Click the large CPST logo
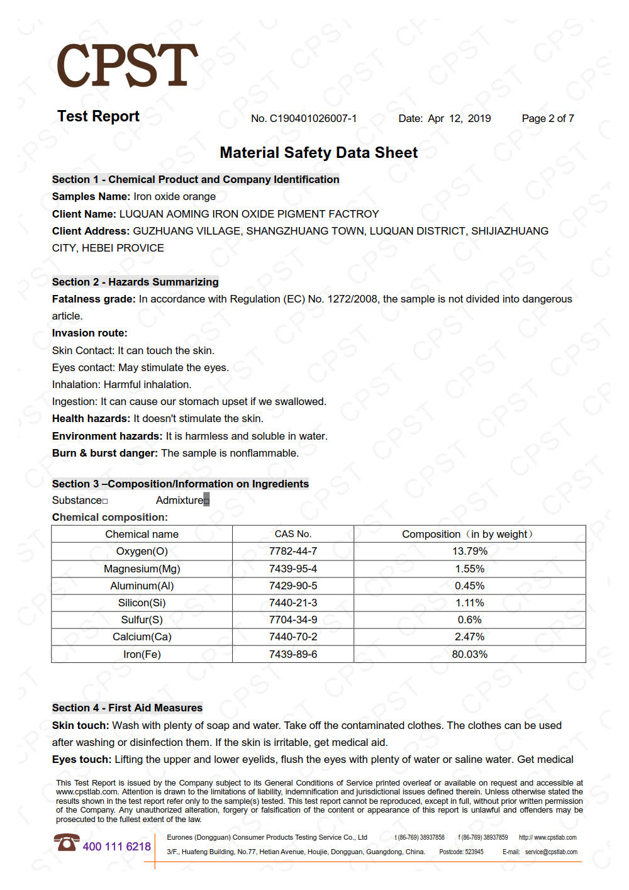127,65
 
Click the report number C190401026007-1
313,118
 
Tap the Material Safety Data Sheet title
318,153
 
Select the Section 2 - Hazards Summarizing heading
135,282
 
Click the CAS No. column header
292,534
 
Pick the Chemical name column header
142,534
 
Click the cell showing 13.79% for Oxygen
469,551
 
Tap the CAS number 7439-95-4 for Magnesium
292,569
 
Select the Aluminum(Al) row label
142,586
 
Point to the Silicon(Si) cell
142,603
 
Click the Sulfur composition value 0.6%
469,620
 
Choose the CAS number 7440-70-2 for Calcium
292,637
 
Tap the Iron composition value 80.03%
469,654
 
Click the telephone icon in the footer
66,842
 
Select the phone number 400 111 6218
116,847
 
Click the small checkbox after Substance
105,501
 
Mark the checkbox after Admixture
206,501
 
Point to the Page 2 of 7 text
547,118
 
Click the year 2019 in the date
479,118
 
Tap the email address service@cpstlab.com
551,852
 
